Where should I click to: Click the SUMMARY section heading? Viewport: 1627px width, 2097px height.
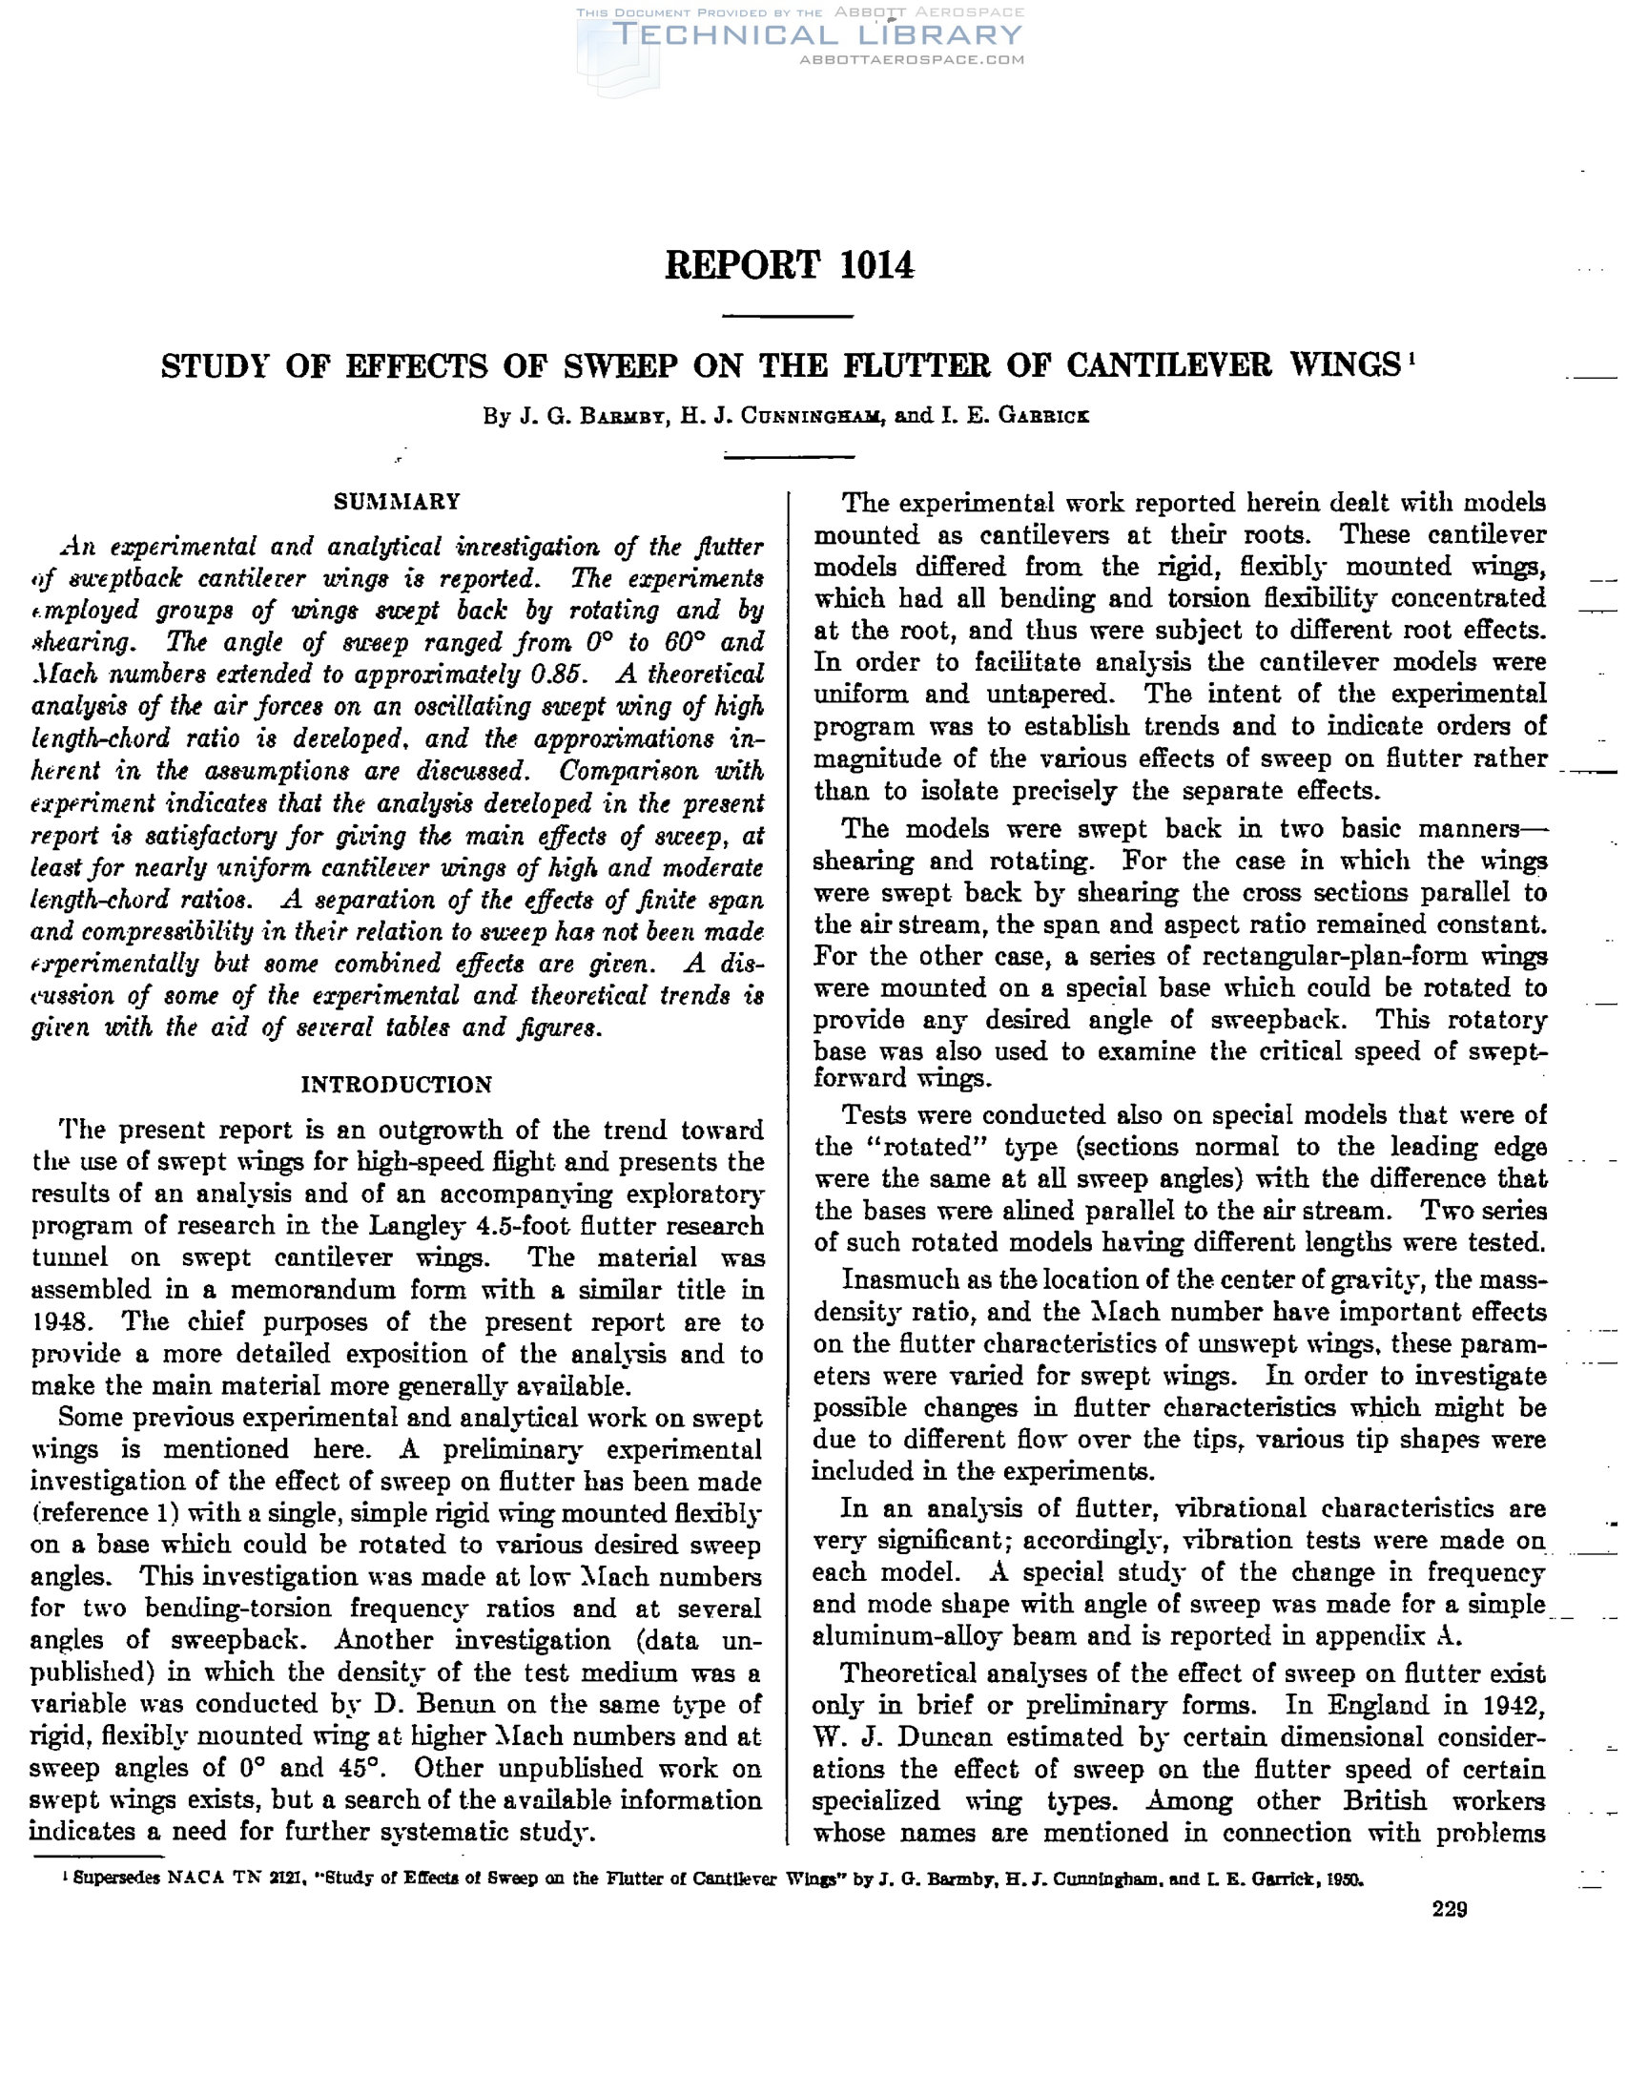coord(397,501)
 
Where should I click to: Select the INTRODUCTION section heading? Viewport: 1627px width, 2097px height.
coord(397,1084)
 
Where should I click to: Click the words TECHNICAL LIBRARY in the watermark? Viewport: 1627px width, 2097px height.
coord(817,35)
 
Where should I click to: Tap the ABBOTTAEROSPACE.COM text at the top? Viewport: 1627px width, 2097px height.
coord(911,59)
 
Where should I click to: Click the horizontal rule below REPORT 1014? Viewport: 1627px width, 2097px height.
coord(787,316)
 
